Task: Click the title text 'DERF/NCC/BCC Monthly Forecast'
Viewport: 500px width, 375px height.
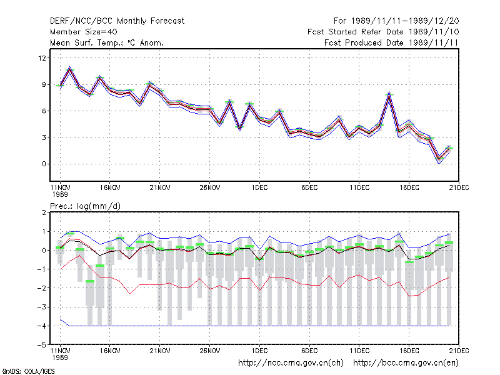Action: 117,21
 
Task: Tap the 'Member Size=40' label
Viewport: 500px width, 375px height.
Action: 84,32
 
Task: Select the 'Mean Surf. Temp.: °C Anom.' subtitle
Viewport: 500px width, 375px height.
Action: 107,42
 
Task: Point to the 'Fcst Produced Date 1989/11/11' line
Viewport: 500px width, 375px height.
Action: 391,42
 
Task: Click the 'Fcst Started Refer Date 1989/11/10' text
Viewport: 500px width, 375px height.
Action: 383,32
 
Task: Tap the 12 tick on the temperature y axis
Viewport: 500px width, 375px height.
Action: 42,58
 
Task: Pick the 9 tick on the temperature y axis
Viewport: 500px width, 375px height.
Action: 44,84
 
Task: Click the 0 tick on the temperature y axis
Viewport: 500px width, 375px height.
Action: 44,164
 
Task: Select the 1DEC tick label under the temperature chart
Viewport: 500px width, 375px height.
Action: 259,188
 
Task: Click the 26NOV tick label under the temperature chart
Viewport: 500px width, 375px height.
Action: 210,188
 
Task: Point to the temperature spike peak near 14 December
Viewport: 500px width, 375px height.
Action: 389,92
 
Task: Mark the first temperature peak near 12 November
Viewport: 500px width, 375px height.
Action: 70,67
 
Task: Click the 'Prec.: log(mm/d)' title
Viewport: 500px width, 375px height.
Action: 85,206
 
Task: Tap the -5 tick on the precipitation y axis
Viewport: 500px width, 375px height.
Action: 42,345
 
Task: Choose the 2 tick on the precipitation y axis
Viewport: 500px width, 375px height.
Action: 44,212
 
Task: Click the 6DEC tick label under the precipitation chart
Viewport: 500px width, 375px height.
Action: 309,351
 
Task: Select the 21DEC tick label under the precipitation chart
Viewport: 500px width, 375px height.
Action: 459,351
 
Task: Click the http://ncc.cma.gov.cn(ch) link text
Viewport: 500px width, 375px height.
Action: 291,363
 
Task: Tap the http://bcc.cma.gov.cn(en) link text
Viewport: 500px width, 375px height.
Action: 406,363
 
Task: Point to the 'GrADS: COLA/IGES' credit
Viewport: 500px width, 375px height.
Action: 28,371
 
